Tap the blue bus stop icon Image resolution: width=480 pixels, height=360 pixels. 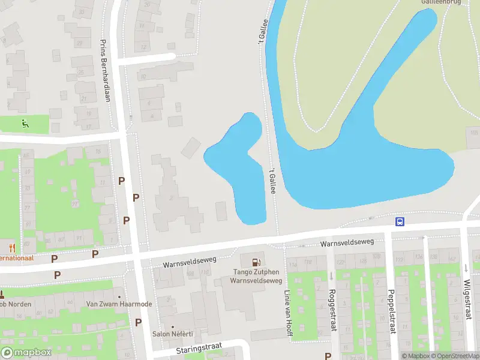pos(400,221)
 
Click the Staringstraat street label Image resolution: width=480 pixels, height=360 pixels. pos(199,349)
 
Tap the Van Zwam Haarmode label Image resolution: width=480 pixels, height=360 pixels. pos(119,304)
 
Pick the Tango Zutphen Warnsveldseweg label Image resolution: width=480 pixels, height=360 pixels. pos(256,276)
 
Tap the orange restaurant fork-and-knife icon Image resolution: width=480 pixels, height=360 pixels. pos(11,247)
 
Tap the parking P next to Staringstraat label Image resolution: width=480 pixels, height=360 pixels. pos(139,322)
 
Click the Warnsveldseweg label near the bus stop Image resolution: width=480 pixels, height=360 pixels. pos(347,243)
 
